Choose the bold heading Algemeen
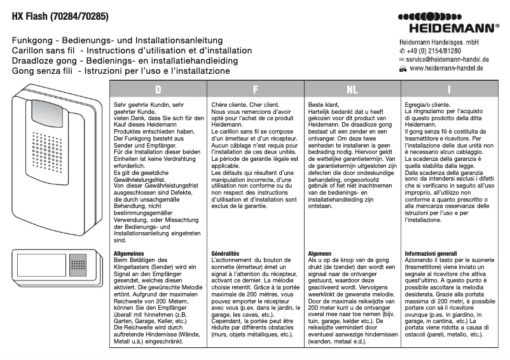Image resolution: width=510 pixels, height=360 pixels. (322, 253)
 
